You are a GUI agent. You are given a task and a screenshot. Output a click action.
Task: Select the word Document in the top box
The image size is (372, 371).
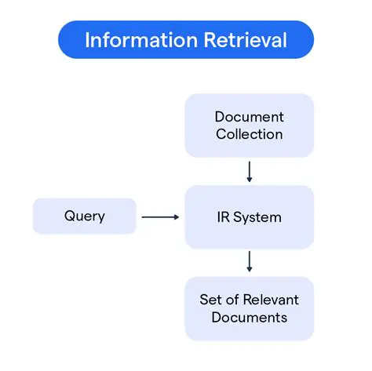click(249, 117)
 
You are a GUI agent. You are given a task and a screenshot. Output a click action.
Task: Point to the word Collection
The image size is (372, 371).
click(249, 134)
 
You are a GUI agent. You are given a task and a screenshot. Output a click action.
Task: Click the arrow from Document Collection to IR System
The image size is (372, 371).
click(249, 171)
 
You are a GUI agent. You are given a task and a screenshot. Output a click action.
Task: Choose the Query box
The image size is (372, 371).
click(84, 216)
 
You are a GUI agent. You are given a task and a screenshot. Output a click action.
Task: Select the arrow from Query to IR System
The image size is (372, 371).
click(160, 216)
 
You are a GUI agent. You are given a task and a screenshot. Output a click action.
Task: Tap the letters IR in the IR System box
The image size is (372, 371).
click(224, 216)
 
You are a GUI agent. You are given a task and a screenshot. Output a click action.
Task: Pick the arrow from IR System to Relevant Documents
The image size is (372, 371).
click(249, 261)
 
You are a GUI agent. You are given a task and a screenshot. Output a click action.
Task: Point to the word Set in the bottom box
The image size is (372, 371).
click(210, 300)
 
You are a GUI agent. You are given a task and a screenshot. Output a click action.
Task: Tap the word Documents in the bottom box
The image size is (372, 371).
click(249, 318)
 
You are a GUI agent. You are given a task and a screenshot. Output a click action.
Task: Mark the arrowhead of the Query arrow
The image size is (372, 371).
click(177, 216)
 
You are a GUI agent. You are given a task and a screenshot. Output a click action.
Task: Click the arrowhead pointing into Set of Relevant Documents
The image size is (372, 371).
click(249, 269)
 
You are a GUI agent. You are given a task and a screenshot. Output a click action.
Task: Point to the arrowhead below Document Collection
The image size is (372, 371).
click(249, 179)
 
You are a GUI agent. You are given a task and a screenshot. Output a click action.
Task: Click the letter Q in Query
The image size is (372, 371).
click(68, 216)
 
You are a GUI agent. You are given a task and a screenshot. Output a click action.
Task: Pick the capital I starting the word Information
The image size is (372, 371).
click(87, 39)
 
